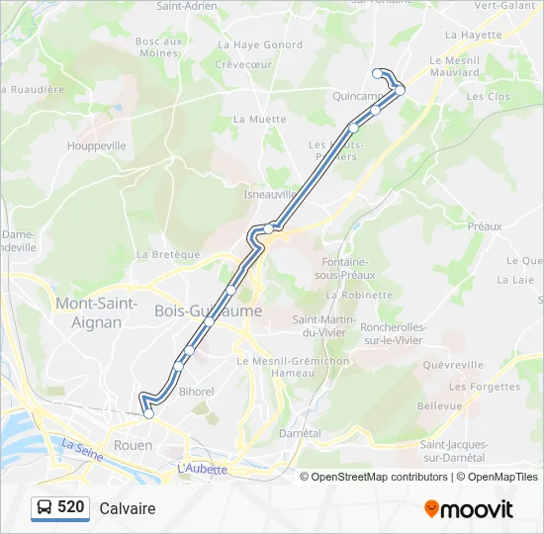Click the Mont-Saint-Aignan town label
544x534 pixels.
click(96, 312)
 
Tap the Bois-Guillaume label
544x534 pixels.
click(209, 311)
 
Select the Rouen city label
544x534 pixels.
click(134, 445)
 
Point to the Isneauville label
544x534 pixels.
click(270, 195)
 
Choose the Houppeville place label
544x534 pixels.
click(96, 145)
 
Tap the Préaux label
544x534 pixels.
click(485, 226)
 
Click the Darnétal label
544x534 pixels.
click(301, 433)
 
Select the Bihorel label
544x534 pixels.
click(197, 392)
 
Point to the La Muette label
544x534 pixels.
click(259, 120)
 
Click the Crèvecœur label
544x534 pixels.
click(244, 64)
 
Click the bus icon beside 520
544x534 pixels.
click(45, 508)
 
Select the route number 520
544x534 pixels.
click(71, 507)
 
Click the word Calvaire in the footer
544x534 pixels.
click(128, 508)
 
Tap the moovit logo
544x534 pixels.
click(469, 509)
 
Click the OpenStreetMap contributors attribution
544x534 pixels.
click(374, 477)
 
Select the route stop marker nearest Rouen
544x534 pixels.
click(148, 414)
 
